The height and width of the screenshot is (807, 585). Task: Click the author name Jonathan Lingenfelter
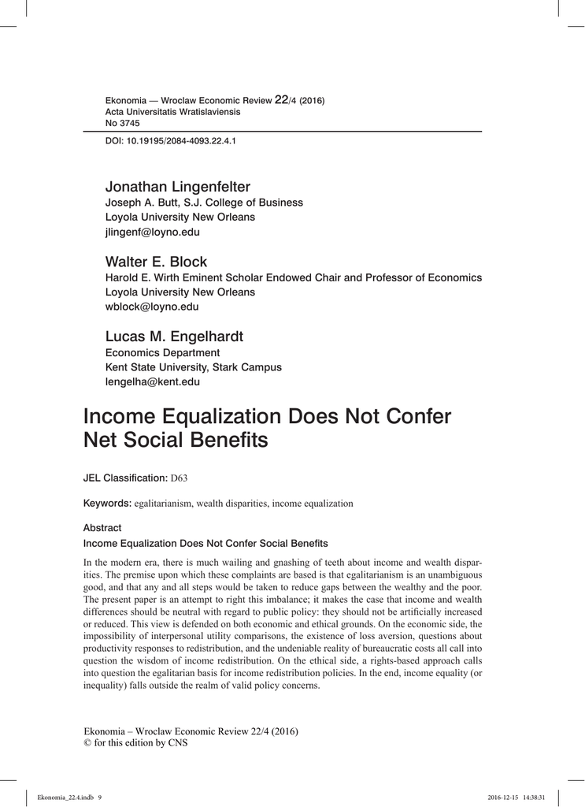[x=178, y=187]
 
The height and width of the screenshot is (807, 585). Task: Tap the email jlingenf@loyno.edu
[x=153, y=232]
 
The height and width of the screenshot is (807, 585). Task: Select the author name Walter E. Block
[x=157, y=262]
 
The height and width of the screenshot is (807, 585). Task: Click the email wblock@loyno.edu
[x=152, y=307]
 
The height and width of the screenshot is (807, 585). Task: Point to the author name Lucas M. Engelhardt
[x=175, y=337]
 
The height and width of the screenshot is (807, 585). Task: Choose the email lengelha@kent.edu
[x=153, y=382]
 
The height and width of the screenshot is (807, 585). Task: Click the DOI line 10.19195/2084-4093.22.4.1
[x=171, y=141]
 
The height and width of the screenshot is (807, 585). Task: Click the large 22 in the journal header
[x=282, y=100]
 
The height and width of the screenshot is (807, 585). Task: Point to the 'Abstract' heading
[x=102, y=528]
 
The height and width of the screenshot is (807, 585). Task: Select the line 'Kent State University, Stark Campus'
[x=194, y=367]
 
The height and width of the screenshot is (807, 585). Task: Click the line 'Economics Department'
[x=163, y=352]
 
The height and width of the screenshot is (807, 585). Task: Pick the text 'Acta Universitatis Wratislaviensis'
[x=173, y=112]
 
